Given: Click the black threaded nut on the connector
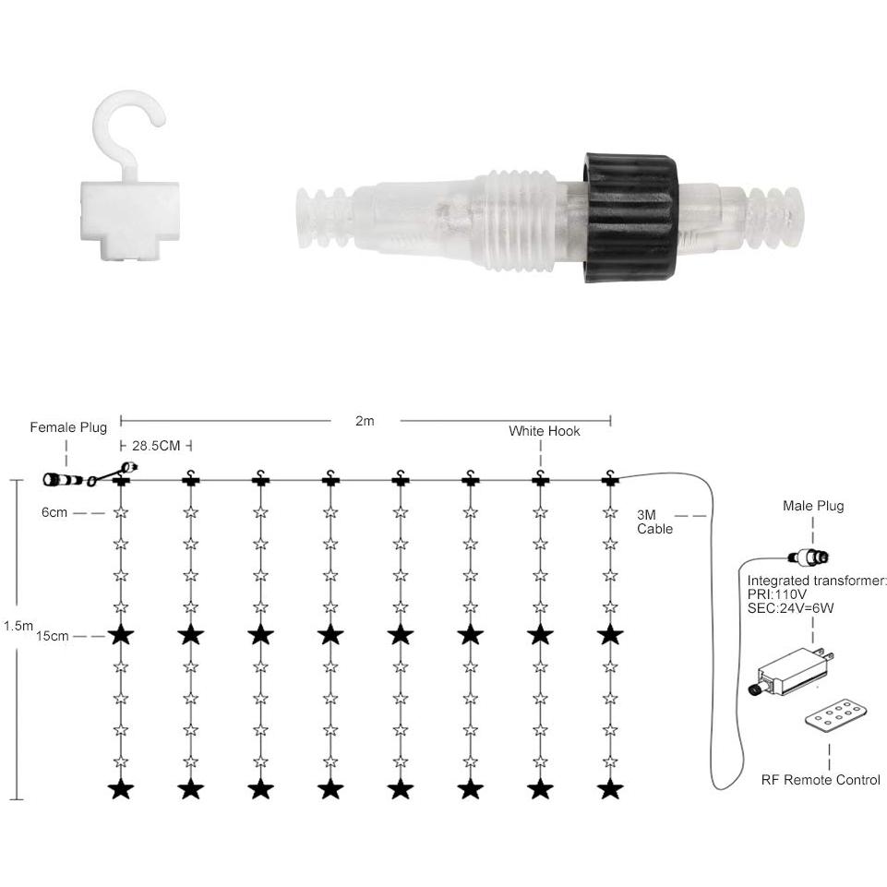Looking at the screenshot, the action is tap(630, 217).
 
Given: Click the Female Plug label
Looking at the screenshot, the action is tap(68, 427).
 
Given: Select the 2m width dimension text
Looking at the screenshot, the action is tap(365, 421).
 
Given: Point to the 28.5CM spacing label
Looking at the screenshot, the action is tap(156, 446).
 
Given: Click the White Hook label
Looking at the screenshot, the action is tap(545, 431).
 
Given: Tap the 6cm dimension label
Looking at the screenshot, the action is tap(54, 512).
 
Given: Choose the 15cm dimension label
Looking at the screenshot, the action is tap(52, 636).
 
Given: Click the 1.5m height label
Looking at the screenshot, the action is tap(18, 626).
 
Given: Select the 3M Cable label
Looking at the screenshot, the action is tap(654, 522).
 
